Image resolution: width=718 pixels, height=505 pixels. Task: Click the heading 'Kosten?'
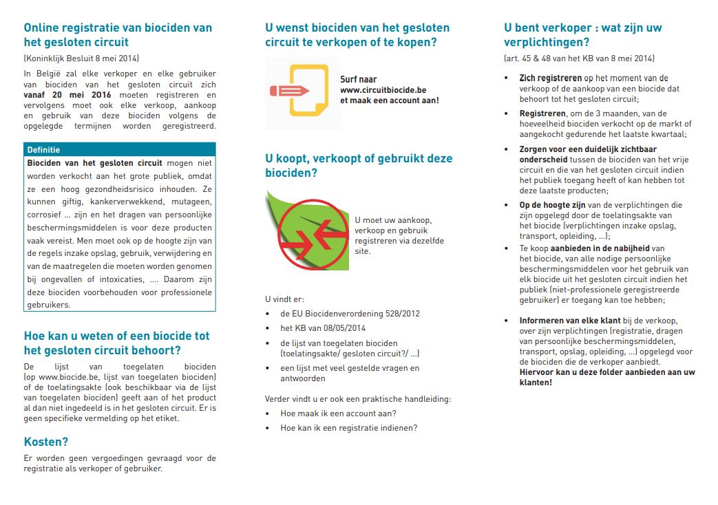(46, 442)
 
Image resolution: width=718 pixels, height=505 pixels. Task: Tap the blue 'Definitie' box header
(119, 149)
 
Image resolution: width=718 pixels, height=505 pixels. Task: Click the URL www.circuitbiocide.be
(383, 90)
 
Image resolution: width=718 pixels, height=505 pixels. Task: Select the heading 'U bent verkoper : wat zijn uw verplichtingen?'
(582, 35)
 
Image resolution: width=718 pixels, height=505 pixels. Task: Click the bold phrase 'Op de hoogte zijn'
(553, 205)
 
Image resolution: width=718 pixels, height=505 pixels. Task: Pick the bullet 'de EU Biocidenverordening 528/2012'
(350, 314)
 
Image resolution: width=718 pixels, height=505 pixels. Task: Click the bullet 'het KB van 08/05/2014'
(323, 328)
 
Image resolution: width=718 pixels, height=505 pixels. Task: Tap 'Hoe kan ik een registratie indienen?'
(348, 428)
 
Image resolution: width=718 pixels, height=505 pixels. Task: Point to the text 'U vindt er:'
(284, 299)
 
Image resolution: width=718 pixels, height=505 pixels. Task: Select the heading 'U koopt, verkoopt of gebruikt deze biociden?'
(359, 165)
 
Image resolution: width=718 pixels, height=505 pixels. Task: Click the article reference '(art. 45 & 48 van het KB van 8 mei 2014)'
(580, 58)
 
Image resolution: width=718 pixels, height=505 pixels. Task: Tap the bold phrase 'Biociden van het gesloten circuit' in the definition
(94, 163)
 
